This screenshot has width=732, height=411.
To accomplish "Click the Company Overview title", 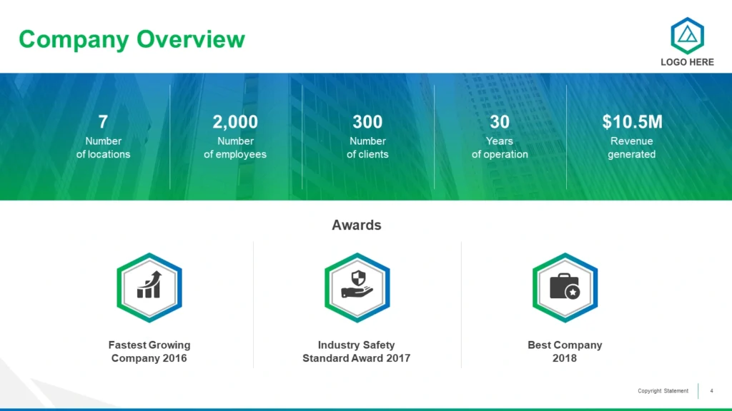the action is (132, 40).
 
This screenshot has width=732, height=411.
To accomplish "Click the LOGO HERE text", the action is (687, 62).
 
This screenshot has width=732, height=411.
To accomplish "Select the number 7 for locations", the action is (103, 121).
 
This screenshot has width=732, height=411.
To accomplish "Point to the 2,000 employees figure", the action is (235, 121).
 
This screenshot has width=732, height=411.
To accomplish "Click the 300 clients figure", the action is (367, 121).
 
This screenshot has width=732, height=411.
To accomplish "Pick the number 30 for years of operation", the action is (500, 121).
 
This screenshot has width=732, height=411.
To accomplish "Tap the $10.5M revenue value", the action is (632, 121).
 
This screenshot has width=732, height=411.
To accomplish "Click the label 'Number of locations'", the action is (103, 147).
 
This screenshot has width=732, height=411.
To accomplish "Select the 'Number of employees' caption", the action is (235, 147).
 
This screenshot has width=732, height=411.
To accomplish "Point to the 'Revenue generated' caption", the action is (632, 147).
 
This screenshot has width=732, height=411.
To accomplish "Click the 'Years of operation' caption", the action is (500, 147).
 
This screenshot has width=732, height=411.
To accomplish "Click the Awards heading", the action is (357, 225).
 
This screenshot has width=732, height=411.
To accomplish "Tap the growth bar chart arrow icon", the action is (149, 284).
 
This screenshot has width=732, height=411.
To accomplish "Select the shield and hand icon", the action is (357, 284).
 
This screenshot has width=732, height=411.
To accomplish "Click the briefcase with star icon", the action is (565, 285).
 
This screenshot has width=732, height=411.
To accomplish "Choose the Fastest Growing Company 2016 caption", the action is (149, 351).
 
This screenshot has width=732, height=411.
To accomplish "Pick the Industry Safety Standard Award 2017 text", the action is (357, 351).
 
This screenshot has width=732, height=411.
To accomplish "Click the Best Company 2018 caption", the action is (565, 351).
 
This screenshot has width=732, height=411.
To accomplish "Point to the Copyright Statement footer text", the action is (663, 391).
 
